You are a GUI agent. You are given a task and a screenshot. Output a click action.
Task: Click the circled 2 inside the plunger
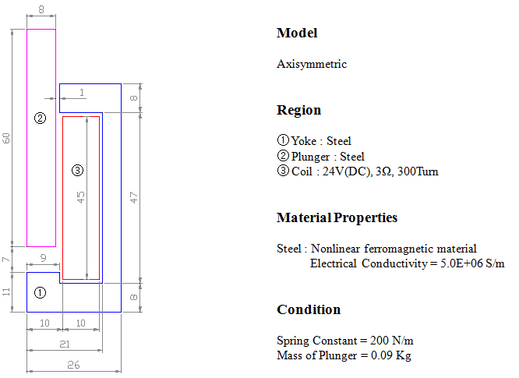pos(40,118)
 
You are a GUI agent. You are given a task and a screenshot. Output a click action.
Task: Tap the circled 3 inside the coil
pos(77,171)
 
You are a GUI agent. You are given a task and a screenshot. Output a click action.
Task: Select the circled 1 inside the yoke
pos(40,292)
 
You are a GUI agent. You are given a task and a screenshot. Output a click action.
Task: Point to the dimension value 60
pos(6,138)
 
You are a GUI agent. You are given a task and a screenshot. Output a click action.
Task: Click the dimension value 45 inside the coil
pos(80,197)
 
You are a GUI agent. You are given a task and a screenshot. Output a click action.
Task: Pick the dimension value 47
pos(133,198)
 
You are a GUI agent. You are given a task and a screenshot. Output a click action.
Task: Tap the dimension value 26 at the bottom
pos(73,365)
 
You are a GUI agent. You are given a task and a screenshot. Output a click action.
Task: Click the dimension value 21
pos(65,344)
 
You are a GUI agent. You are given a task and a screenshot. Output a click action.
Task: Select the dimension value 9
pos(44,258)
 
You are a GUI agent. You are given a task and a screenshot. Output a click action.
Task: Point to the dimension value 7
pos(6,260)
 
